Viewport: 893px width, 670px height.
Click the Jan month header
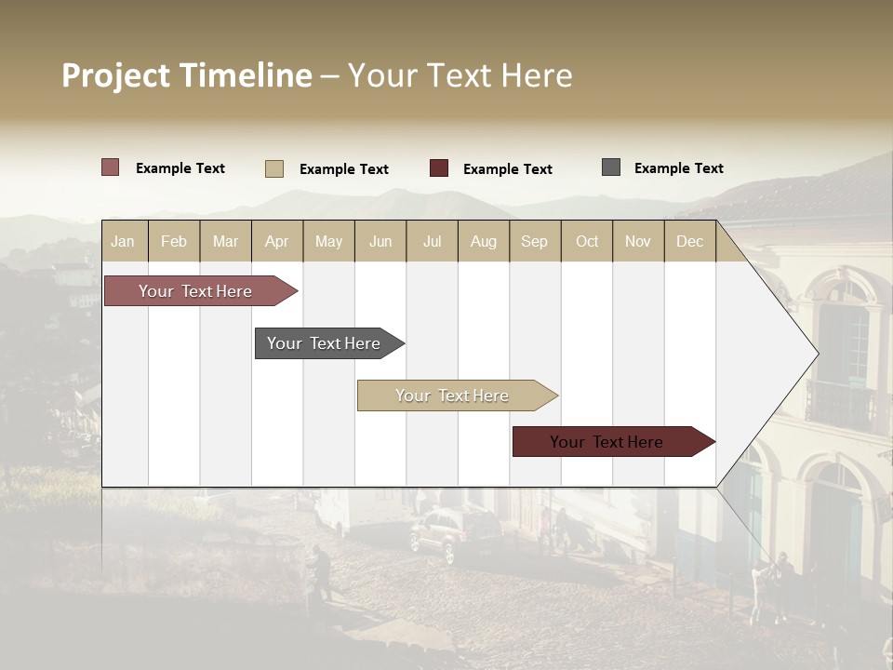123,241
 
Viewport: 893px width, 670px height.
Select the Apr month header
276,241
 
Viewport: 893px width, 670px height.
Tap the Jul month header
432,241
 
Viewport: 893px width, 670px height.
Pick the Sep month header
534,241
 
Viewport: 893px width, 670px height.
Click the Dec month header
689,241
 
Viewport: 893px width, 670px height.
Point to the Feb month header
174,241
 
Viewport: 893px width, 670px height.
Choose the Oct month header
587,241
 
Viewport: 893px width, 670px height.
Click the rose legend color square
110,167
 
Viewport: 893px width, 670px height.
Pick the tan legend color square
273,168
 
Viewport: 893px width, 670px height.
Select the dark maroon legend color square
439,168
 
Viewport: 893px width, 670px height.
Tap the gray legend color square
611,167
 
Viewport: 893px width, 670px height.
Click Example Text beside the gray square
678,167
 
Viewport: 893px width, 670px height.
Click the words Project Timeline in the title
187,75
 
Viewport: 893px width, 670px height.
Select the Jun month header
380,241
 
